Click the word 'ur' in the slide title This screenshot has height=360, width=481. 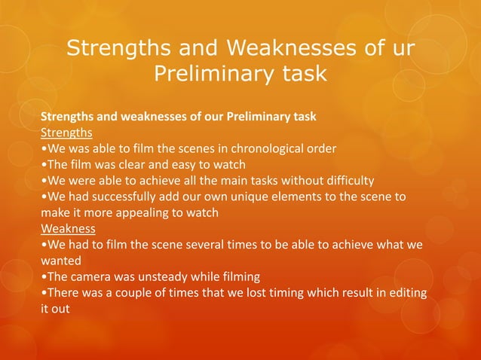coord(401,50)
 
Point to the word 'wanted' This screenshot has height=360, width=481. coord(61,261)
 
